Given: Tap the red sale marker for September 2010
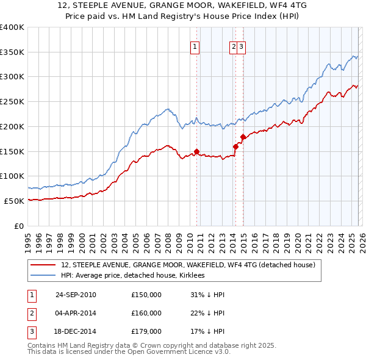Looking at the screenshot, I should point(196,151).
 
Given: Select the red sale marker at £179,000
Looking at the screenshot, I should point(243,137).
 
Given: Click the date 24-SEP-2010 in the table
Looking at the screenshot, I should point(76,295).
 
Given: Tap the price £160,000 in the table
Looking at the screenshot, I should point(146,313).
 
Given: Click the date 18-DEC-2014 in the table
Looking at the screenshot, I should point(76,331).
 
